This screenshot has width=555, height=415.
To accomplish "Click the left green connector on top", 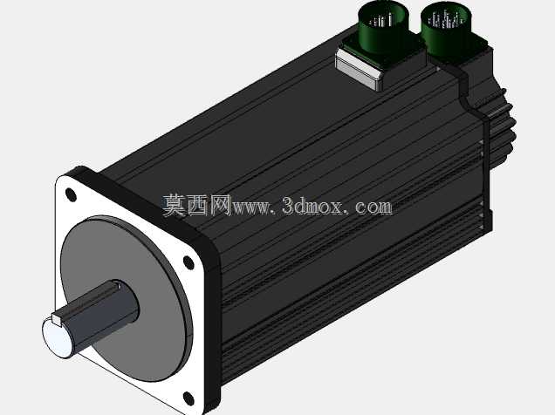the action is tap(383, 28).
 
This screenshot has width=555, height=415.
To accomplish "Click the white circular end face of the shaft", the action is tap(58, 337).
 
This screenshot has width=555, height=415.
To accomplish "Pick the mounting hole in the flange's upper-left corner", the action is tap(72, 194).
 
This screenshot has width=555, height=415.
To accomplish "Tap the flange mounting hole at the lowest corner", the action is tap(189, 398).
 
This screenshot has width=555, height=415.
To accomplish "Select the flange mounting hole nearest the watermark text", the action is tap(188, 262).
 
